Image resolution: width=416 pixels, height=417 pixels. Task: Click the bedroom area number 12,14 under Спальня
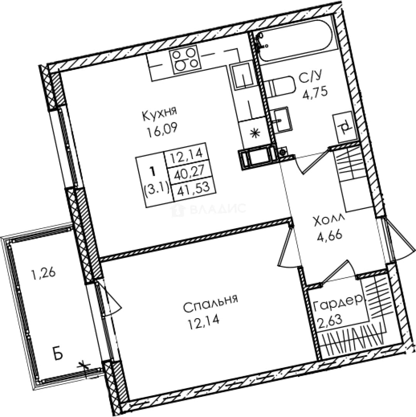coord(203,320)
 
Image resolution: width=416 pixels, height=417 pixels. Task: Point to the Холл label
coord(329,221)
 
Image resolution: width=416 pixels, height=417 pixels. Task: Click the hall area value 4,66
coord(328,236)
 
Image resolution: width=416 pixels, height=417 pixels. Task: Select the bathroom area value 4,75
coord(315,93)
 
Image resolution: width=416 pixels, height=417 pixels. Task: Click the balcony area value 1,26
coord(44,273)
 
